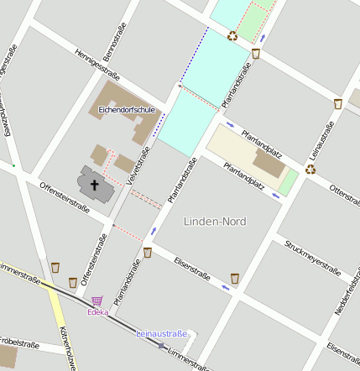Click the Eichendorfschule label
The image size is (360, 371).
pos(123,109)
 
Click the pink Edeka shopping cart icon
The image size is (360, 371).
pos(97,300)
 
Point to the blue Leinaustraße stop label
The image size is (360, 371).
pos(162,334)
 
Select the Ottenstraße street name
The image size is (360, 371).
pos(345,200)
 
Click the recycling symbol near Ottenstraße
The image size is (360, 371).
pos(310,169)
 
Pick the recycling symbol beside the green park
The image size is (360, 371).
pos(232,35)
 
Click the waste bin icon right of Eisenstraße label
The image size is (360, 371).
pos(235,277)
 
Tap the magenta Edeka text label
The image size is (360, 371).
pos(98,312)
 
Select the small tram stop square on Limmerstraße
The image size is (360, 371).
pos(161,344)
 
